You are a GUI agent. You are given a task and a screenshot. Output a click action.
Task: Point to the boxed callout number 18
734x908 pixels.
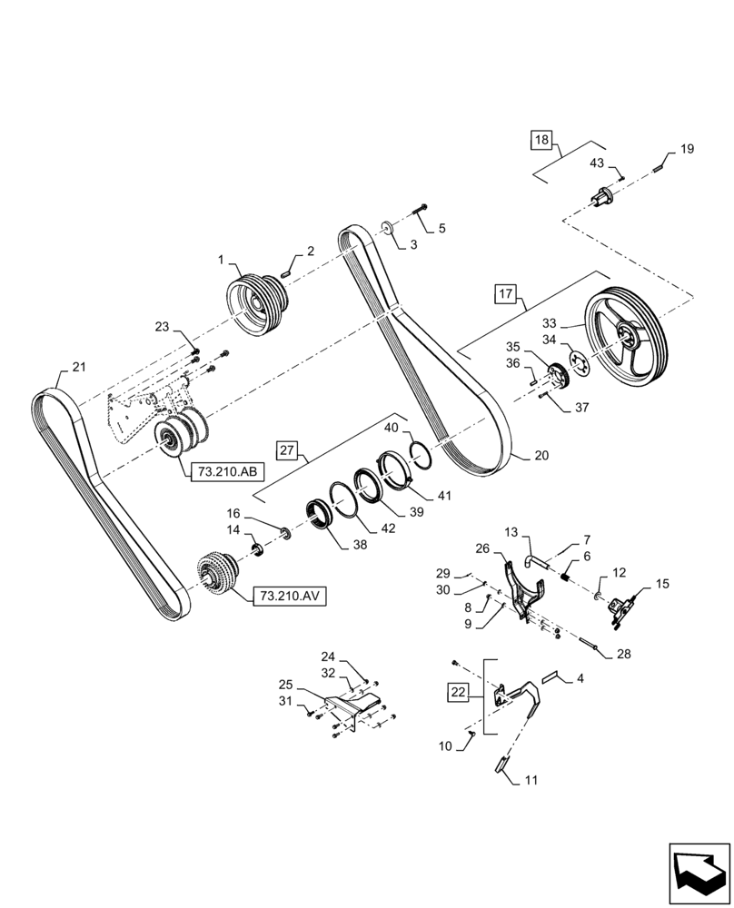click(541, 140)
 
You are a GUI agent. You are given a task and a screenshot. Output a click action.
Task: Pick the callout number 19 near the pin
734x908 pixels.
click(687, 149)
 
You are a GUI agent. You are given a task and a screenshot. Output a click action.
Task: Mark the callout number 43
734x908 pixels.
click(598, 163)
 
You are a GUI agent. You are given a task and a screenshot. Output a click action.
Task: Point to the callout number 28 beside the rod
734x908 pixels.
click(623, 654)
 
